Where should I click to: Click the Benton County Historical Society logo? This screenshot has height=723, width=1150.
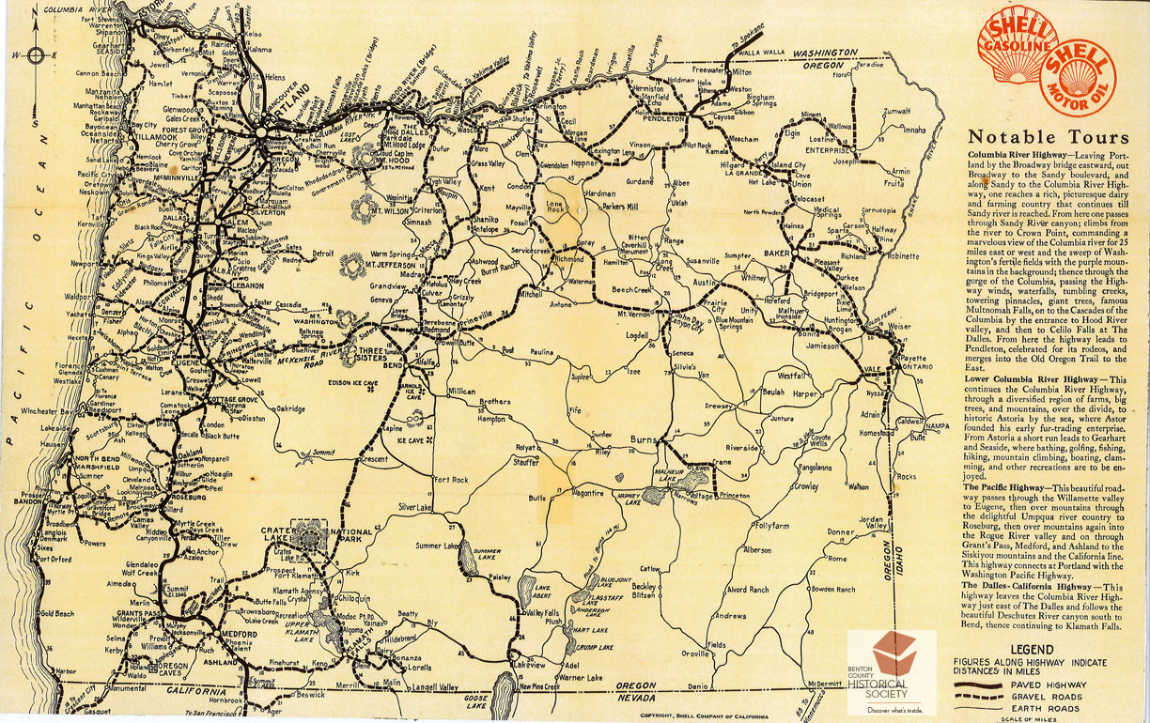(892, 671)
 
